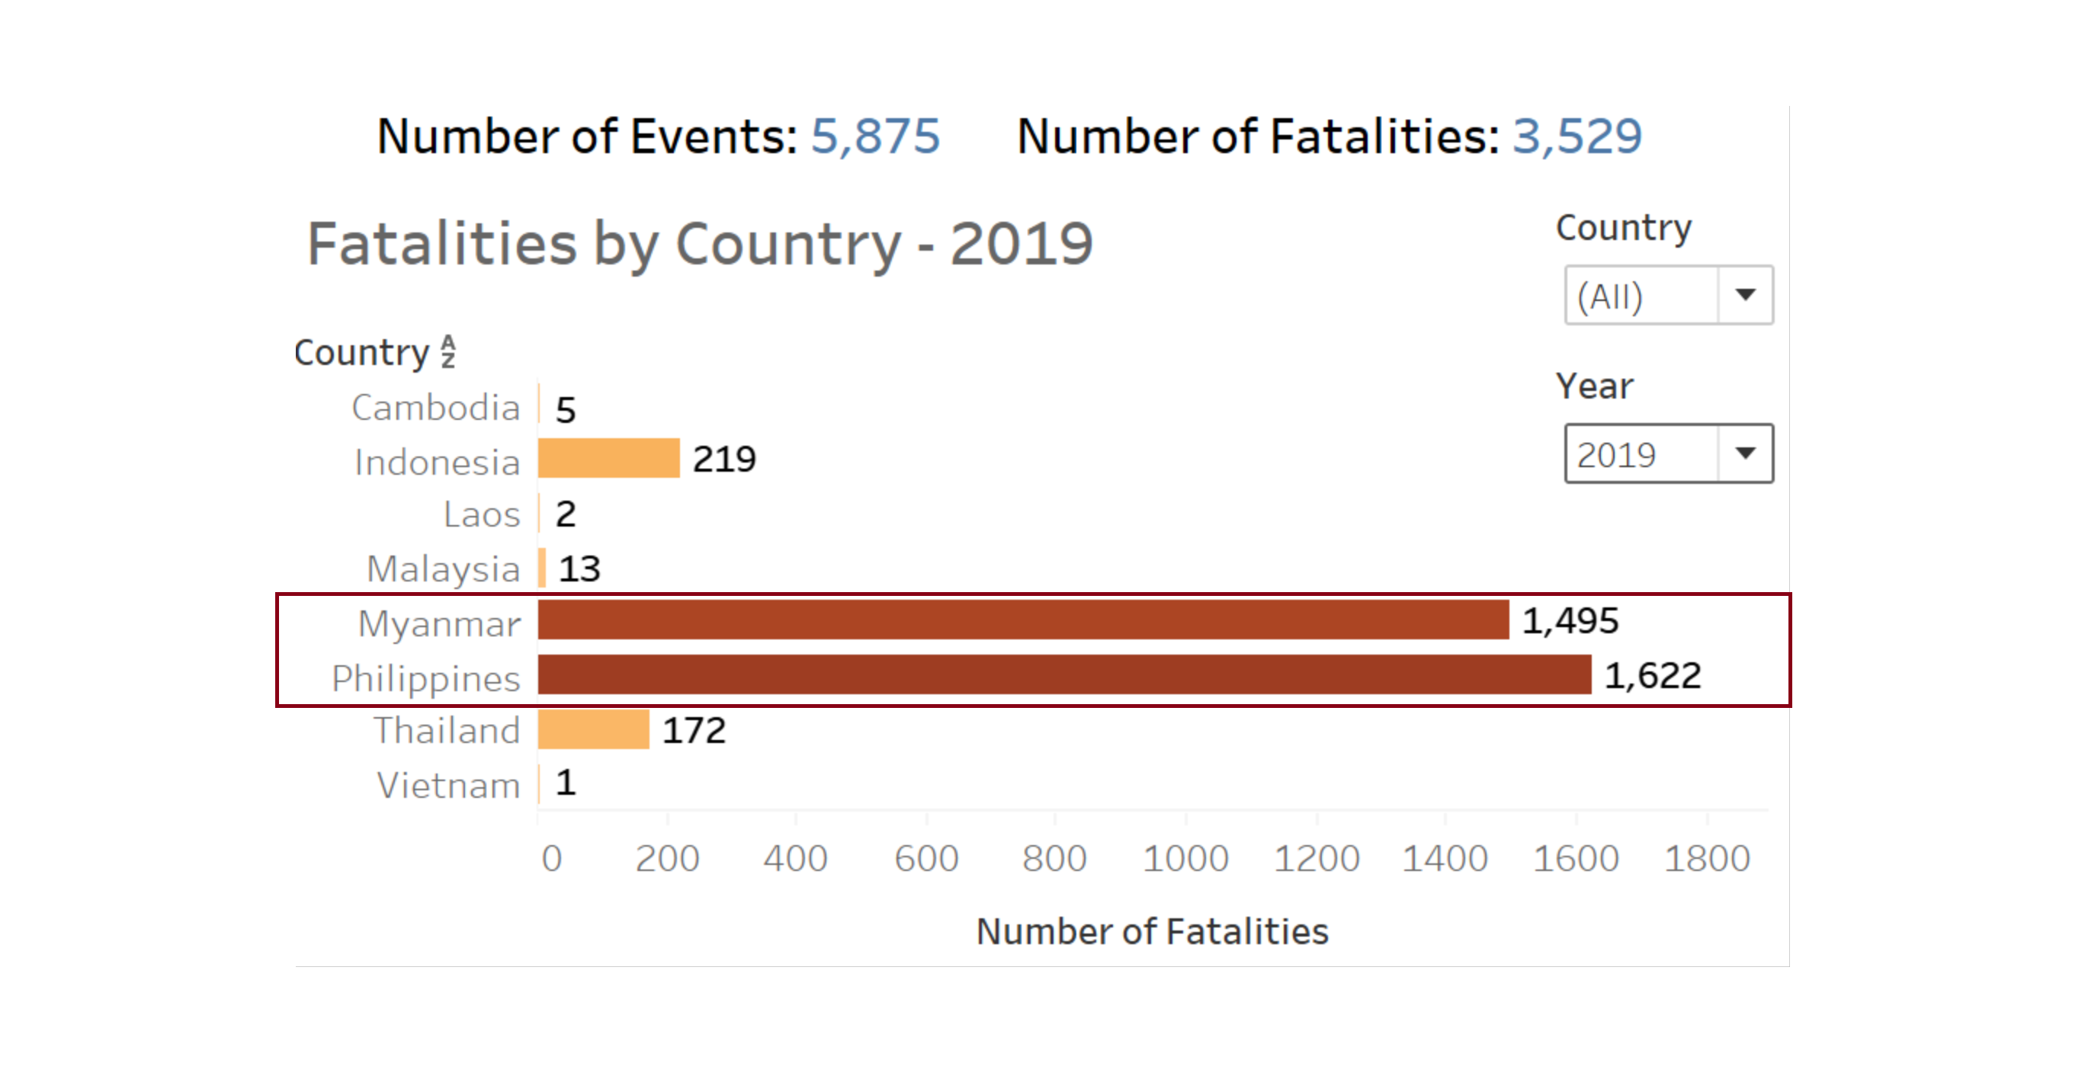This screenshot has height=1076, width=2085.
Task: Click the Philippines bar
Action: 1063,674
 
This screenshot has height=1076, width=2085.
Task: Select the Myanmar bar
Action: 1023,620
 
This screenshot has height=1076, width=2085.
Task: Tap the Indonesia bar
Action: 608,459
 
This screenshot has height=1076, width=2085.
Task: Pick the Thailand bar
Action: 593,730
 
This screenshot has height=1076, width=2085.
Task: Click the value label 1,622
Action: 1652,675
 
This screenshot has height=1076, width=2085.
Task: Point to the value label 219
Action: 724,460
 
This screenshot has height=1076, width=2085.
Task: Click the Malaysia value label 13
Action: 579,568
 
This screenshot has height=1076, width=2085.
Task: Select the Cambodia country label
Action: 435,408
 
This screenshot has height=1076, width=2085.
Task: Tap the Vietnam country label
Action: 448,786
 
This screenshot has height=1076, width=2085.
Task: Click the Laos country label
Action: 482,514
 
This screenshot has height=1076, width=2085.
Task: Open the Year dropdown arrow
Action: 1745,454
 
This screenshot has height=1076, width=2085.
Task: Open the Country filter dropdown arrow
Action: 1745,296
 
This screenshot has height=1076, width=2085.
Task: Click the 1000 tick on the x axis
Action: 1185,858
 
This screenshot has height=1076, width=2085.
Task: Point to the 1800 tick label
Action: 1707,858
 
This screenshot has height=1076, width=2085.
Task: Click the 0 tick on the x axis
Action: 552,858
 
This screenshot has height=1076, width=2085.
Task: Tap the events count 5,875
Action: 875,136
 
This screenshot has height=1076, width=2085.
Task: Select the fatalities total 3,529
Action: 1577,136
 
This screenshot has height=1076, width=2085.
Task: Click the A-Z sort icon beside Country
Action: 448,352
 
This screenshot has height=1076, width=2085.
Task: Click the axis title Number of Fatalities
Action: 1152,932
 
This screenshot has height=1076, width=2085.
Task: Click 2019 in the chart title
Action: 1022,244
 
